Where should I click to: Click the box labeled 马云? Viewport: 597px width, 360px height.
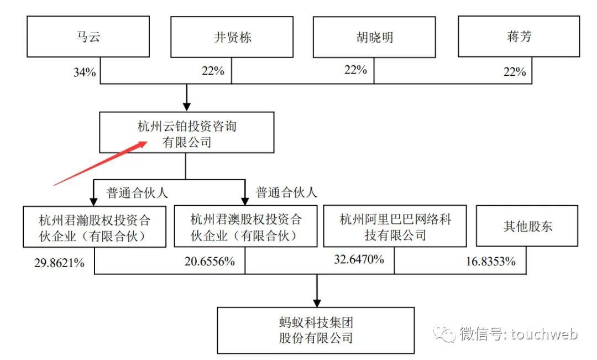(88, 36)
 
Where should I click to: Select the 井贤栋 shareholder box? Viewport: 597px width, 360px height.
(232, 37)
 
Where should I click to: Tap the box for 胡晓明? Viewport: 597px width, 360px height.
(374, 37)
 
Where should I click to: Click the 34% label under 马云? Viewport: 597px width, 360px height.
(84, 72)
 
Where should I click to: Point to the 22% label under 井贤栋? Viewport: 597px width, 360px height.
(213, 71)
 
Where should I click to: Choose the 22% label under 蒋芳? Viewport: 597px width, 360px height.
(514, 72)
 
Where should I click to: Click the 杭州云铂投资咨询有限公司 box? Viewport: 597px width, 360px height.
(186, 133)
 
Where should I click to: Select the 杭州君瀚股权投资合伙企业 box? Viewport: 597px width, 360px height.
(95, 227)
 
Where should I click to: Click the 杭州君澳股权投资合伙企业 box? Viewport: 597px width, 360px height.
(245, 227)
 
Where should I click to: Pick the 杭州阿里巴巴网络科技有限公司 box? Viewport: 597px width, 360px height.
(395, 227)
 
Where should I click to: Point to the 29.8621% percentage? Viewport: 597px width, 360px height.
(58, 263)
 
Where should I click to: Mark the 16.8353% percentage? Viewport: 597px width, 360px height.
(489, 262)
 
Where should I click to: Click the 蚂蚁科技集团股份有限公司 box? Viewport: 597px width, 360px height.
(316, 330)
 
